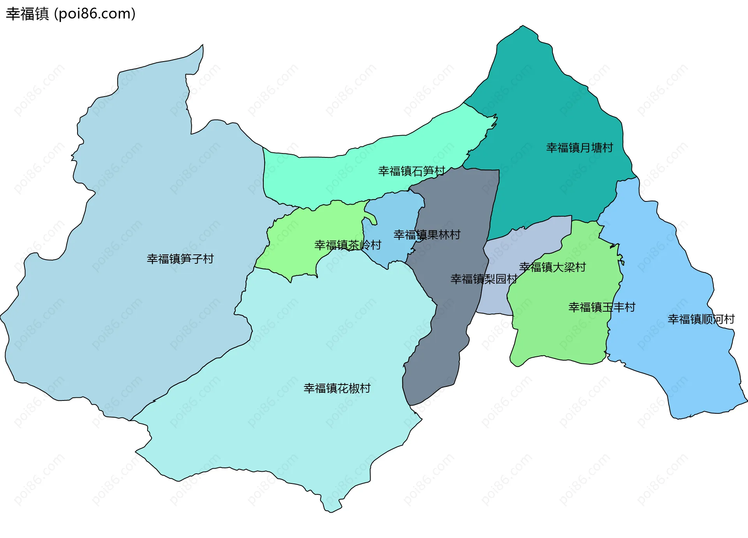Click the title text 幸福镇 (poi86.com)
point(71,14)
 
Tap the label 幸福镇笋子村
point(180,259)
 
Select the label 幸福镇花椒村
point(337,388)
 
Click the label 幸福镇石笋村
point(411,171)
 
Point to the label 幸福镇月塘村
point(579,148)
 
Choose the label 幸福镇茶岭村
point(348,245)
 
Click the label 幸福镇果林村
point(427,235)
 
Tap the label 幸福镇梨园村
point(483,279)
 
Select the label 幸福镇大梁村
point(552,267)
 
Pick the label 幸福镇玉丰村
point(602,307)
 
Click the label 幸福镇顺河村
point(701,319)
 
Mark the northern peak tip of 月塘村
point(523,26)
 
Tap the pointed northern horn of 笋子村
point(202,46)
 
